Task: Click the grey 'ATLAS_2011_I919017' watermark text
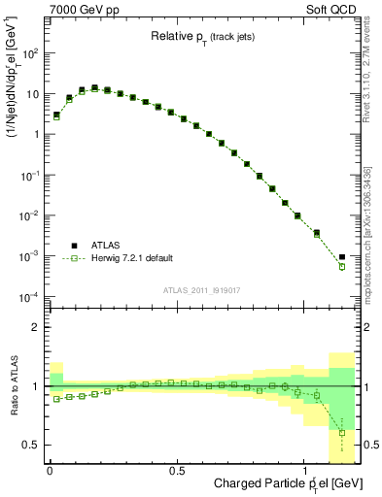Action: [x=201, y=289]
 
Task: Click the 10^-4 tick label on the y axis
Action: [x=29, y=296]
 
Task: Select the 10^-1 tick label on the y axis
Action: [x=29, y=175]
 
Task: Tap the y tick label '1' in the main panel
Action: [x=35, y=135]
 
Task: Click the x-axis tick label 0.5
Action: [x=177, y=470]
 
